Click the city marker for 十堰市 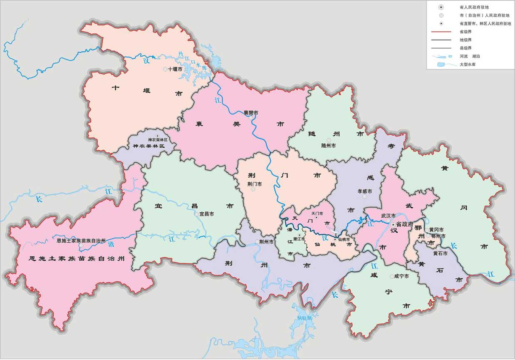tap(165, 69)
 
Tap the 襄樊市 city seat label tap(251, 113)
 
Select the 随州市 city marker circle tap(329, 140)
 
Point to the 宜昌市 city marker tap(196, 214)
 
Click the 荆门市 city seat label tap(254, 184)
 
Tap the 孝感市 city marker tap(364, 197)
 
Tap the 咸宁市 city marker tap(391, 276)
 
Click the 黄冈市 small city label tap(436, 230)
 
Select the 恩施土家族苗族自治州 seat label tap(81, 241)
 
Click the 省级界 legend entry tap(465, 32)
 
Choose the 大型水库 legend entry tap(467, 65)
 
